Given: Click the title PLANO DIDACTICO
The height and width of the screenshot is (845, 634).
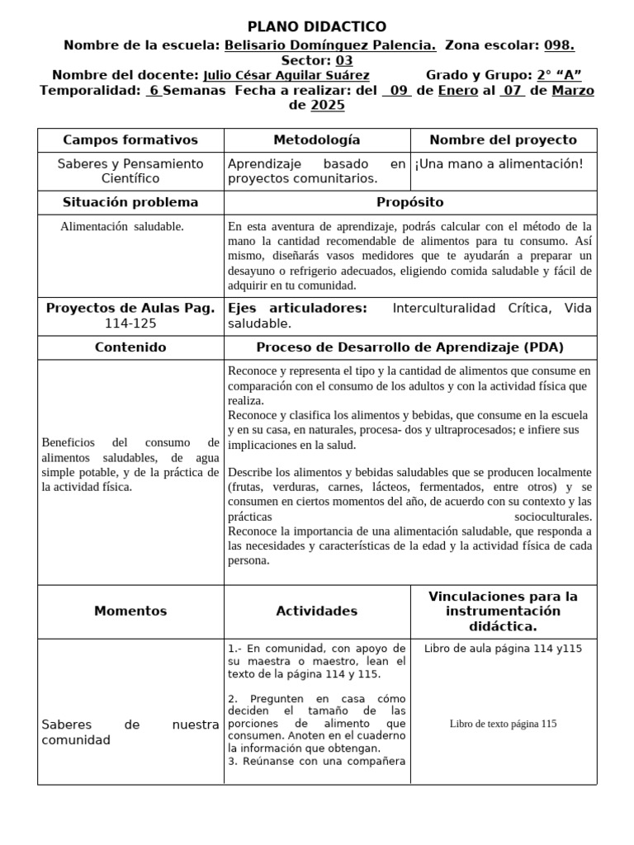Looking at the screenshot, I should (317, 27).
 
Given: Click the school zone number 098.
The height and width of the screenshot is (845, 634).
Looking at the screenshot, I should (559, 46).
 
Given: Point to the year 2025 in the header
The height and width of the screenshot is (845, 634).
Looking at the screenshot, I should (328, 106).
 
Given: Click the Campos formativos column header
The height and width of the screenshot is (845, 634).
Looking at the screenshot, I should (130, 140).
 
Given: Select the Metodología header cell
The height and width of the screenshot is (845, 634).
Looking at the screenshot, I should (317, 140).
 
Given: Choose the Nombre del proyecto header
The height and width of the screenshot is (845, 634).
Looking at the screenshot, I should (503, 140).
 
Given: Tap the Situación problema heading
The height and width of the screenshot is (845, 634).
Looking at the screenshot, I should (130, 202).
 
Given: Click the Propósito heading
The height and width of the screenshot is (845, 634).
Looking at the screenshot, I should (410, 202).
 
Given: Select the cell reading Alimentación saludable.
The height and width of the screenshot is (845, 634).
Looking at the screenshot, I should (122, 226).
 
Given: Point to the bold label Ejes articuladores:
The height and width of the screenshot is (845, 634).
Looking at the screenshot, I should (297, 309).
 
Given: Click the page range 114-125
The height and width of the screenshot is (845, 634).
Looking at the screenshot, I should (130, 324).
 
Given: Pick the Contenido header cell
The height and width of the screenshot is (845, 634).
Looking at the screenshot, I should (130, 347).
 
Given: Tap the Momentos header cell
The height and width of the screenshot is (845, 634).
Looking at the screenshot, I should (130, 611).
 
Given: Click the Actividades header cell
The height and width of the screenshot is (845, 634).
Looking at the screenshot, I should (317, 611).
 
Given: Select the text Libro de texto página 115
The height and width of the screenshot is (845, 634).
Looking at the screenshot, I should (503, 724).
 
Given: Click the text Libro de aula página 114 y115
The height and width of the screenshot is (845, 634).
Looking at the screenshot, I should (503, 649).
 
